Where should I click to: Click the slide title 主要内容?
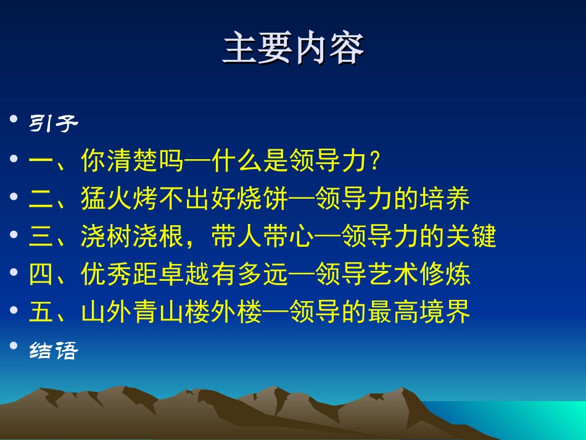293,49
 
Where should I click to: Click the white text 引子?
54,125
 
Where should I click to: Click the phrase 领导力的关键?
419,237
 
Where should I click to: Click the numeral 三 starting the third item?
41,237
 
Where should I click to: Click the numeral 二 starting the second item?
41,199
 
